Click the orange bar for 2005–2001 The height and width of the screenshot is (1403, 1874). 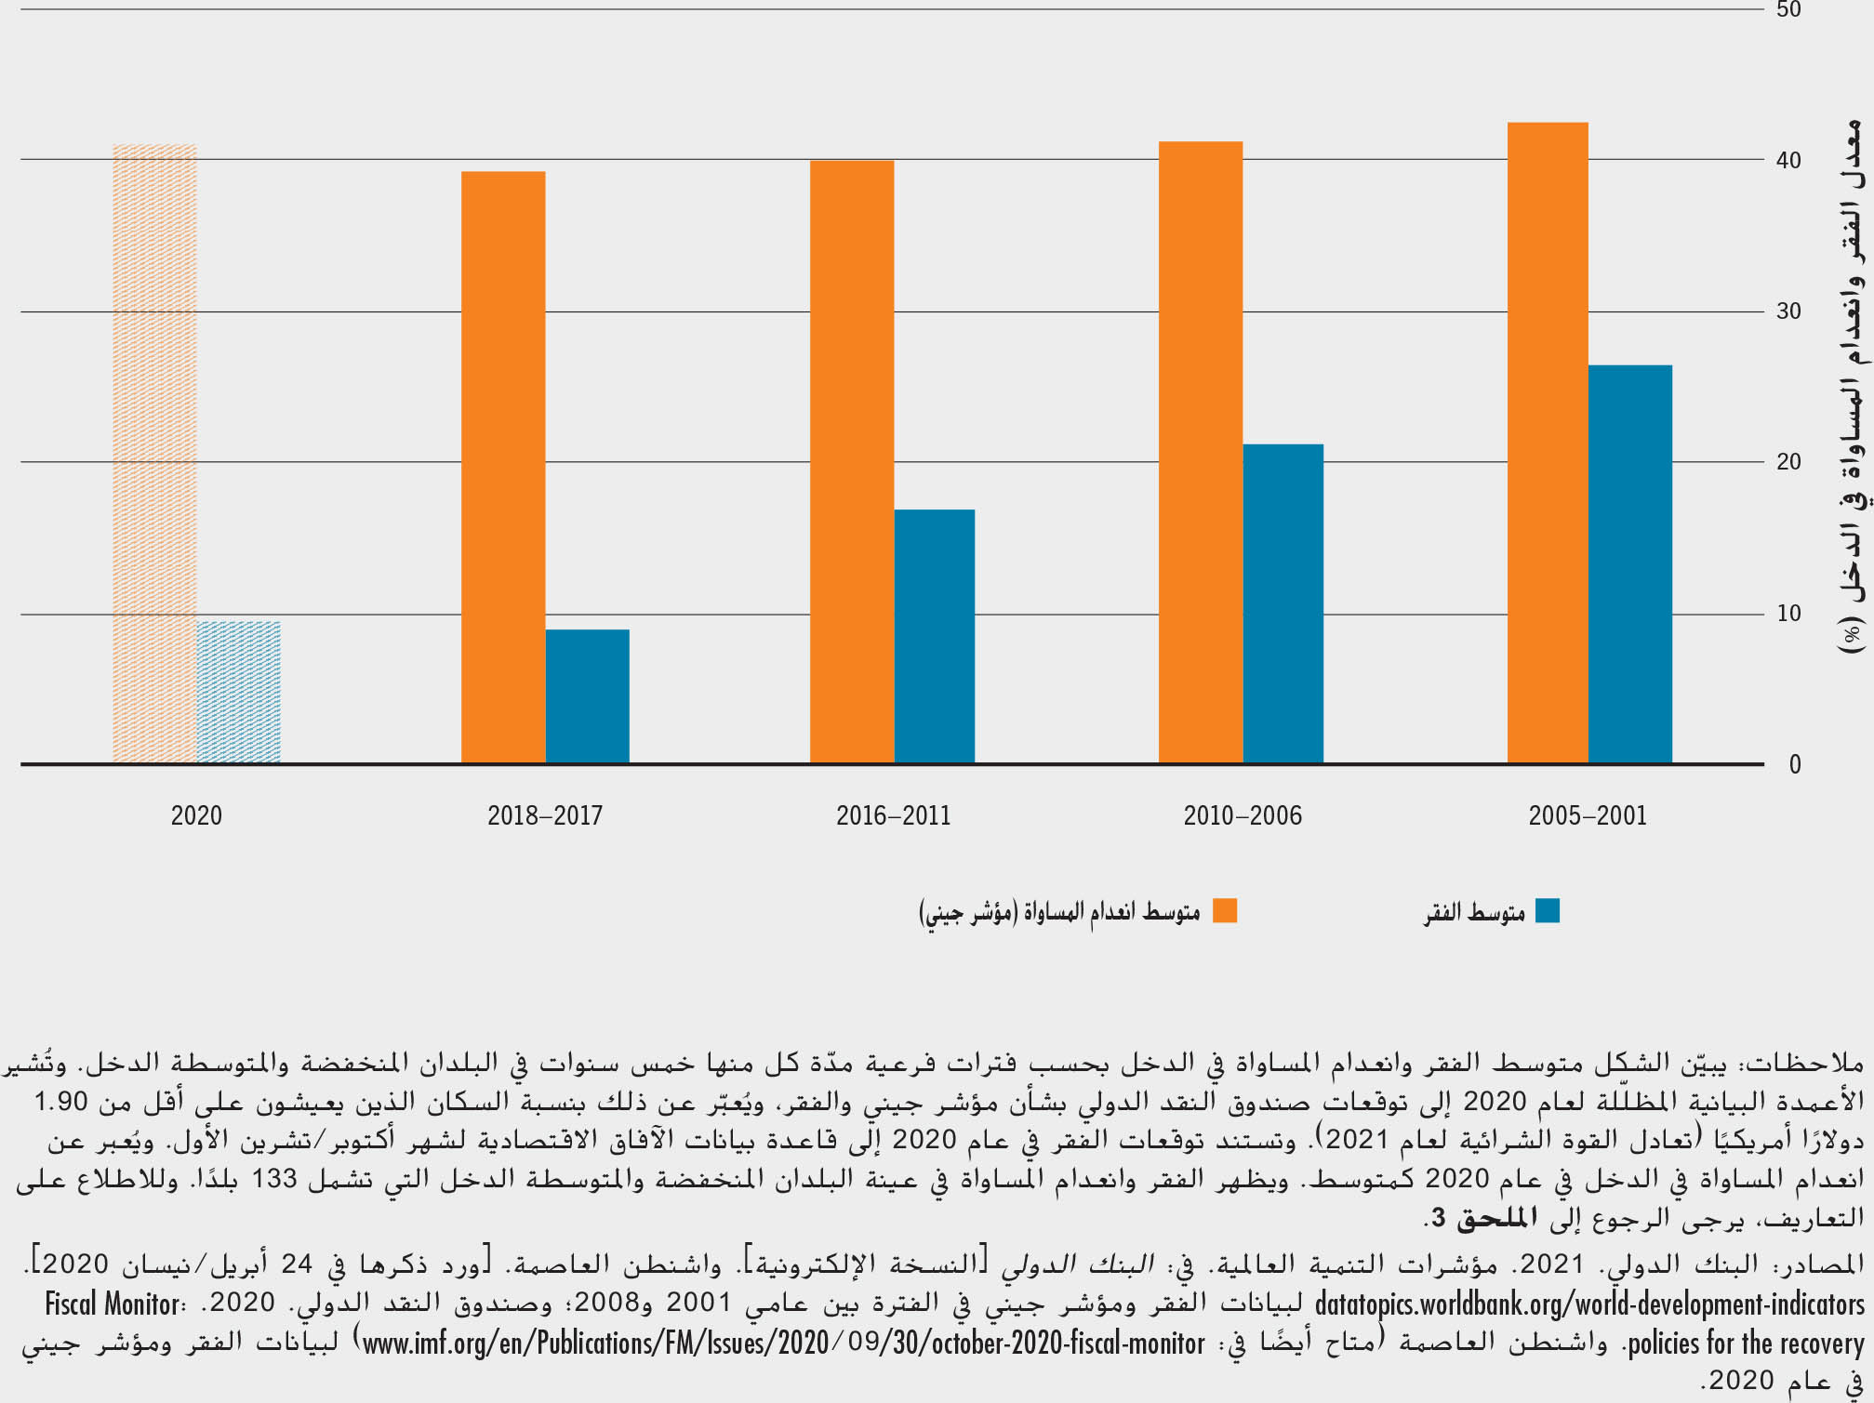coord(1547,443)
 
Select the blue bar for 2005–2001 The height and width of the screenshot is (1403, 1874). coord(1629,564)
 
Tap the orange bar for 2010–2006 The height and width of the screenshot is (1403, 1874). coord(1200,453)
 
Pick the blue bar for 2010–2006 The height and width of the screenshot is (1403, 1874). coord(1283,604)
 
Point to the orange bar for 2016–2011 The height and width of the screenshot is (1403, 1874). coord(851,462)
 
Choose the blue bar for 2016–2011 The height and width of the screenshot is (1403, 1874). coord(934,637)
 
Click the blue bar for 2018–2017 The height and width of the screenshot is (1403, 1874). coord(587,696)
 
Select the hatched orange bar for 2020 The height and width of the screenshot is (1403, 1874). coord(154,455)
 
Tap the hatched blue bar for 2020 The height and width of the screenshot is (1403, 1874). coord(239,693)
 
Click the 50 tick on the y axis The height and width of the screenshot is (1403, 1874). coord(1788,10)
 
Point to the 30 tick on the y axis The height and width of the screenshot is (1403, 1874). coord(1788,311)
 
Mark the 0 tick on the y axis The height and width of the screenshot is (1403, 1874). coord(1794,764)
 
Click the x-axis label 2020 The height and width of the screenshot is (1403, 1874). coord(196,816)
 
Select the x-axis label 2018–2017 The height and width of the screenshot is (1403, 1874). coord(545,816)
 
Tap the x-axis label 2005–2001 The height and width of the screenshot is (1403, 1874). coord(1588,816)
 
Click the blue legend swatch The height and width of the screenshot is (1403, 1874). coord(1547,911)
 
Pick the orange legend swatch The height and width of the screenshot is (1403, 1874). coord(1225,911)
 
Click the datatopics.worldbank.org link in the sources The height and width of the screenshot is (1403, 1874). coord(1589,1304)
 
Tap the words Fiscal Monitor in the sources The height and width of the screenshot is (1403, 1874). coord(113,1304)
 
